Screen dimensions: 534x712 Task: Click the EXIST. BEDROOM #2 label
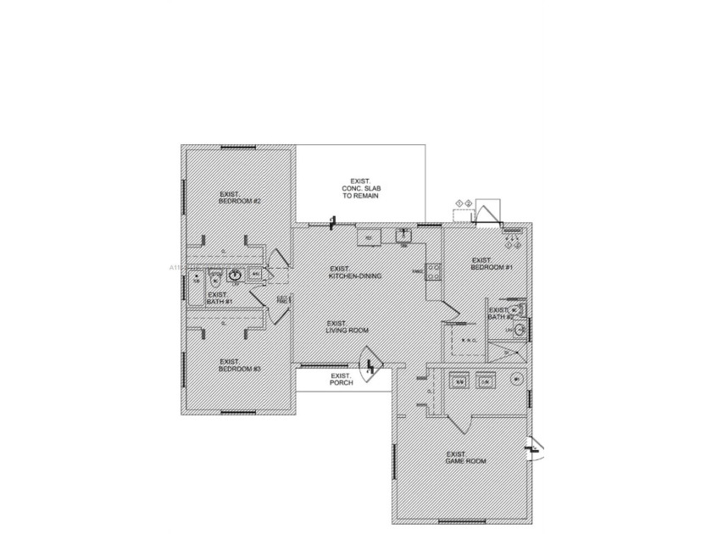point(239,197)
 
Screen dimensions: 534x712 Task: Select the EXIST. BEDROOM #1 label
point(492,264)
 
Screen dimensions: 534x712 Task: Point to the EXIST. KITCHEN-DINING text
point(355,273)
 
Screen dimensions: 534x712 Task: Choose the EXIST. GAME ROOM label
point(465,457)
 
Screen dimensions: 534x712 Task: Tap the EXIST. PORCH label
point(341,379)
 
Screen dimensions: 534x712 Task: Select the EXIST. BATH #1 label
point(218,298)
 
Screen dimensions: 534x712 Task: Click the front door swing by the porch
point(370,366)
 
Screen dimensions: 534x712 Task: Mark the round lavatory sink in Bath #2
point(520,330)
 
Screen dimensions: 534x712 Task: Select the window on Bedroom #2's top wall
point(238,147)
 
